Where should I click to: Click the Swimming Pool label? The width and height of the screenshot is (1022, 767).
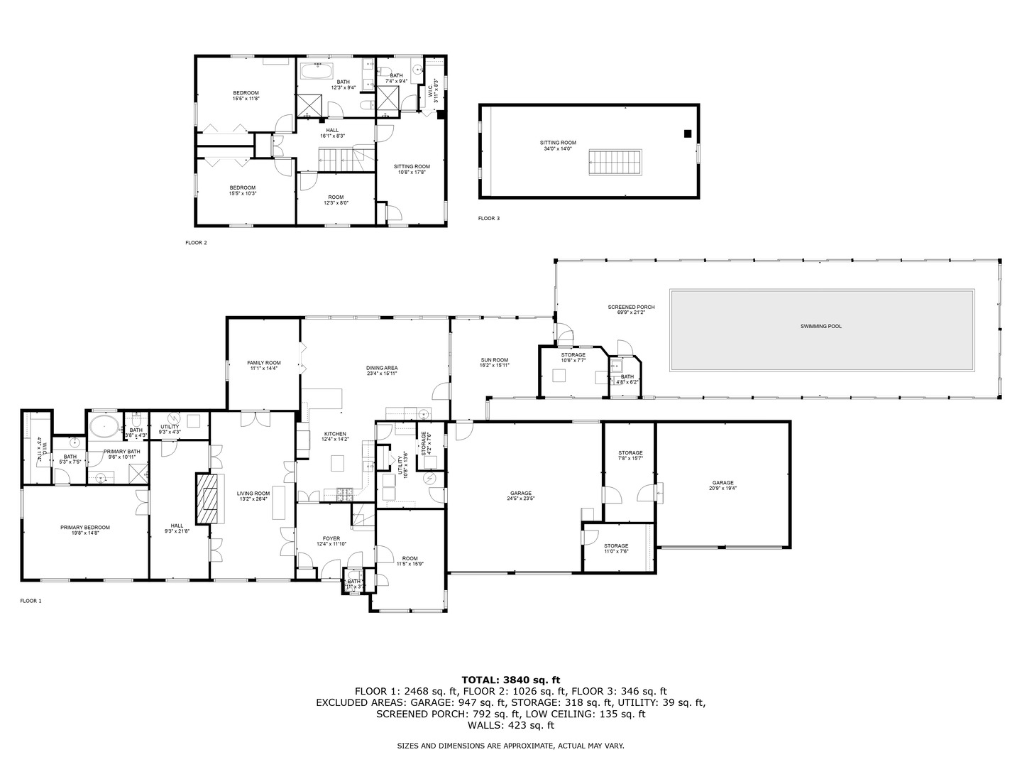820,326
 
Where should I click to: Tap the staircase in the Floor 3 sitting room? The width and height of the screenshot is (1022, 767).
615,163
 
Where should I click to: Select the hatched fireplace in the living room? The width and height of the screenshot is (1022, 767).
207,499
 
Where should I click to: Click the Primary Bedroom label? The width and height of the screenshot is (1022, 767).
85,528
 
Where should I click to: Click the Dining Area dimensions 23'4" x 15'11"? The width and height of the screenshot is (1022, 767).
382,374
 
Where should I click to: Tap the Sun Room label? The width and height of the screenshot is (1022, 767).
494,360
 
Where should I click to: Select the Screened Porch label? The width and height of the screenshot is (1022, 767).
631,307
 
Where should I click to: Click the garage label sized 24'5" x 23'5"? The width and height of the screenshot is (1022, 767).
521,494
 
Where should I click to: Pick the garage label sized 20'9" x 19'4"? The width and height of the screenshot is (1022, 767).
722,483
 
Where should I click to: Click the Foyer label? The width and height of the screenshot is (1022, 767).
331,538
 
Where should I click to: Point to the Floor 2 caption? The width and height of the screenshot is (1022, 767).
196,243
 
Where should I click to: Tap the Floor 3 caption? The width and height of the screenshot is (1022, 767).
488,219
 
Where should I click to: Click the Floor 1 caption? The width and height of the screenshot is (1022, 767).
31,601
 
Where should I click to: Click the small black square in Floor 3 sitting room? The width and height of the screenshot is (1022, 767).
686,134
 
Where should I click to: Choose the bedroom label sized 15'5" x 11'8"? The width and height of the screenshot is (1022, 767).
246,93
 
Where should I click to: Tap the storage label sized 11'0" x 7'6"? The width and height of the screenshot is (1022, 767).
616,546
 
